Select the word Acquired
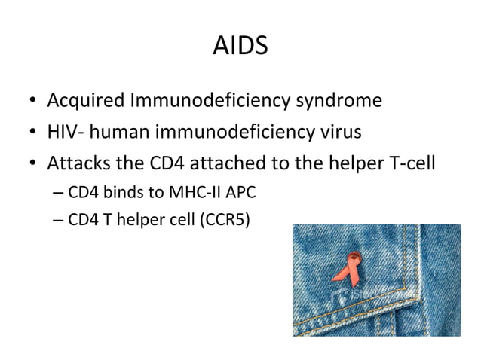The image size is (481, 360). point(82,101)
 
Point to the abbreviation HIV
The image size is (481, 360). point(60,133)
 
